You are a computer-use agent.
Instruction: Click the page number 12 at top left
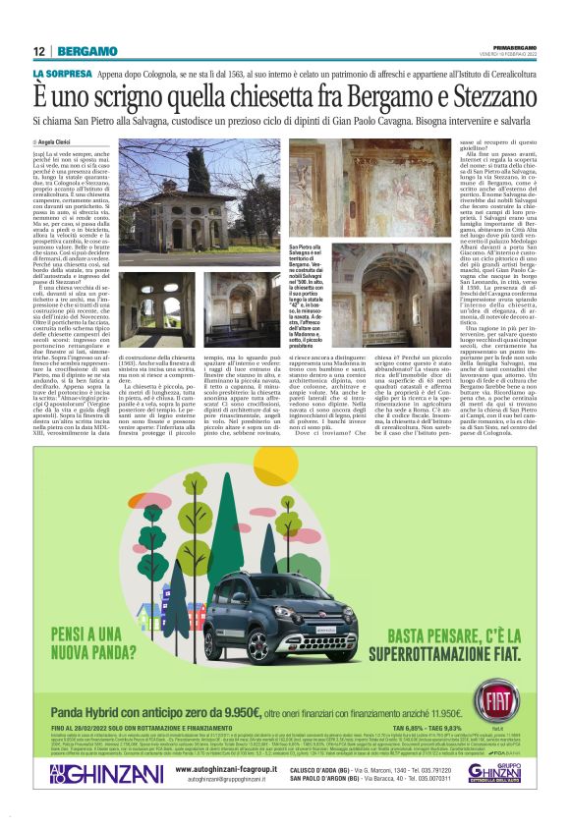pyautogui.click(x=38, y=51)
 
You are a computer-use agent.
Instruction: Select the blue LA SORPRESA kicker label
pyautogui.click(x=62, y=74)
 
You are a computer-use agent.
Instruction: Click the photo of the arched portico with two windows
pyautogui.click(x=157, y=309)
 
